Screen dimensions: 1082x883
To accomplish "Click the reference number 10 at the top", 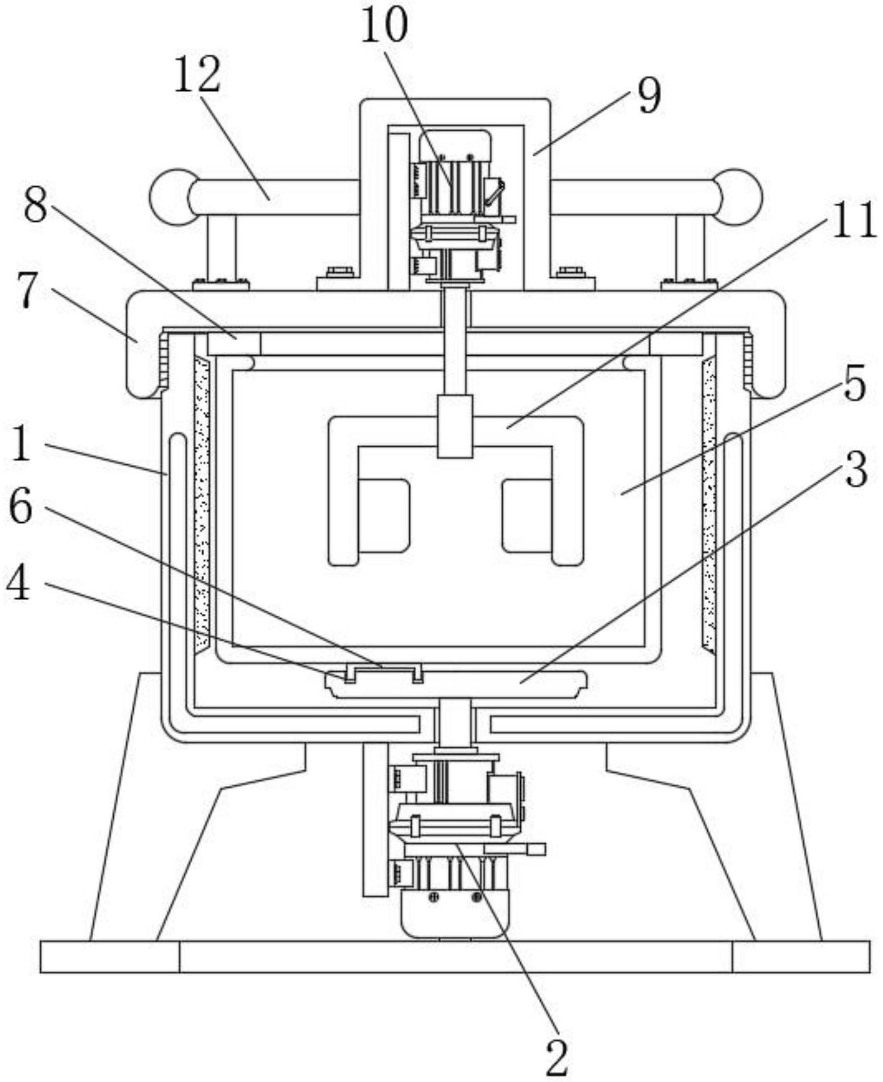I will pos(384,26).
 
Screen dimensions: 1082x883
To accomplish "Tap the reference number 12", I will pos(197,76).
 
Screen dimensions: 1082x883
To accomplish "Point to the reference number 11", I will pos(853,220).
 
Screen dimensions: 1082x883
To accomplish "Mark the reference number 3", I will pos(856,469).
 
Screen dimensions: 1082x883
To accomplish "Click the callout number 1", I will pos(21,444).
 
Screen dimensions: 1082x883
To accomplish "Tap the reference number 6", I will pos(21,508).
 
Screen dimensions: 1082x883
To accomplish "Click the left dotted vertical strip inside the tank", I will pos(202,503).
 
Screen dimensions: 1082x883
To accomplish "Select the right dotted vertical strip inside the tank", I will pos(709,503).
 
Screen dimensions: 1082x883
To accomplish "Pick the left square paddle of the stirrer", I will pos(384,515).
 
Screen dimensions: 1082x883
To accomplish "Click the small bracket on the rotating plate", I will pos(384,671).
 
